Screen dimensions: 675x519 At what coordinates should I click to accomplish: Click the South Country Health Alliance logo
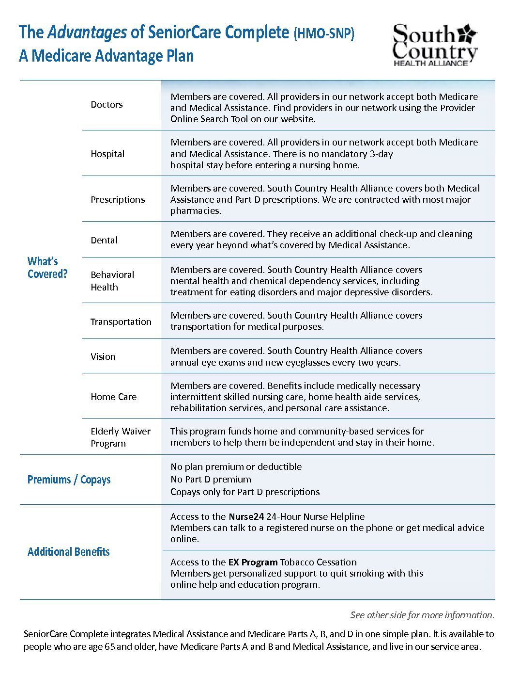pos(434,45)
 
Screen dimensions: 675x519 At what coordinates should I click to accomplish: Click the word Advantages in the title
pos(87,32)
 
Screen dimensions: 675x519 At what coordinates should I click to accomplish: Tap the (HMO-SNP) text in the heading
pos(324,33)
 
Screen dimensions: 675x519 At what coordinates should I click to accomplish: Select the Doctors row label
pos(107,105)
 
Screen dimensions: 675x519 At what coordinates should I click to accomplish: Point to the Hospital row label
pos(107,154)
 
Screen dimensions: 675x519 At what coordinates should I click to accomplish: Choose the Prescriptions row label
pos(118,200)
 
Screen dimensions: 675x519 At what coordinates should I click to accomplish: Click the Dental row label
pos(104,241)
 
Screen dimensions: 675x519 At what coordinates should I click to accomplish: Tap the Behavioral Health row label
pos(112,281)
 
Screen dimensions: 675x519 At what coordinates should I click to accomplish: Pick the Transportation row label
pos(121,322)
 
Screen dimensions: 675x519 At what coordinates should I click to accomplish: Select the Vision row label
pos(103,357)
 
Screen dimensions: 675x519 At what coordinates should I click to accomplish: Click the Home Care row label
pos(114,397)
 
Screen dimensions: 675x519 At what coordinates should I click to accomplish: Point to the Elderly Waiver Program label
pos(121,437)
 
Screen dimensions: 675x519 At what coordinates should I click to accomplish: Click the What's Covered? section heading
pos(47,268)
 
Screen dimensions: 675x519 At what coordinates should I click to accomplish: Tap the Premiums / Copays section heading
pos(69,480)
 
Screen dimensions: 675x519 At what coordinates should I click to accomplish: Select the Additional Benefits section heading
pos(69,552)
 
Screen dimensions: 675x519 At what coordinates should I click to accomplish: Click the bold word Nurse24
pos(246,517)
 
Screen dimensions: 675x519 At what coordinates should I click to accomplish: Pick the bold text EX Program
pos(253,562)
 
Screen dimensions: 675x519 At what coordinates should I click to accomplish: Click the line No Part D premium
pos(211,480)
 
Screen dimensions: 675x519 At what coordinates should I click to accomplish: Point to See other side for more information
pos(422,615)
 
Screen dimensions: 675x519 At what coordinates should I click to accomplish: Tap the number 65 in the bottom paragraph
pos(110,647)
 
